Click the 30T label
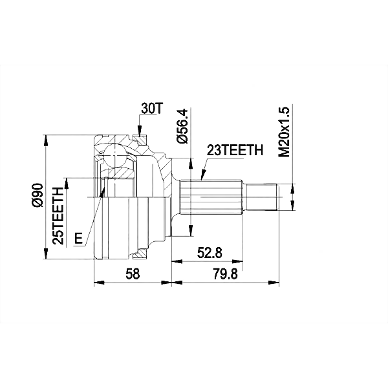[151, 109]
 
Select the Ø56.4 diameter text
[184, 125]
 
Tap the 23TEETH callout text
[235, 150]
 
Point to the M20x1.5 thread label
[284, 132]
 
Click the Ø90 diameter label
[38, 195]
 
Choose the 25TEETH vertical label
[58, 216]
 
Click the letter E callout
[78, 239]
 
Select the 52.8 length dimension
[210, 253]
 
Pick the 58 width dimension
[133, 274]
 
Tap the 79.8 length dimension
[224, 274]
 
